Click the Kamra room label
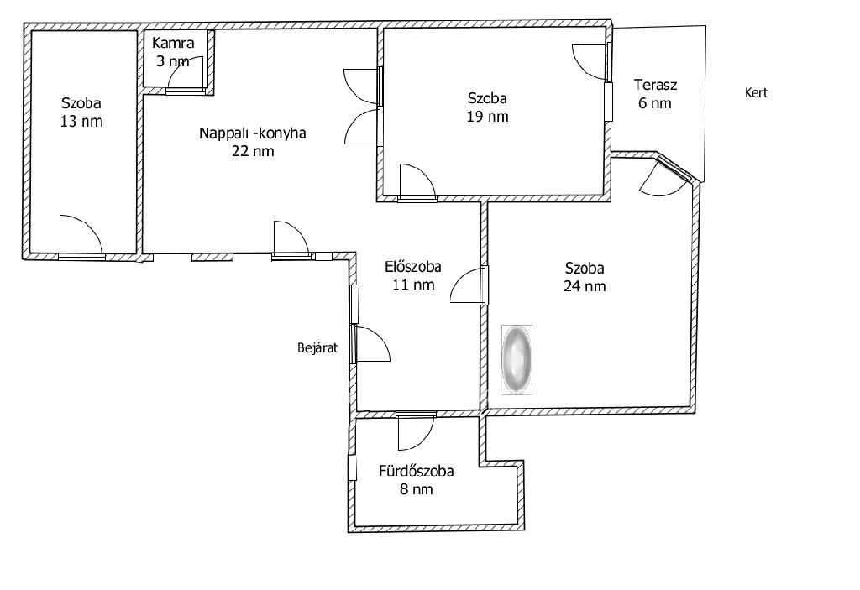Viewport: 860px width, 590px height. [x=173, y=43]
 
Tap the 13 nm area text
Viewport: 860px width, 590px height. [x=81, y=121]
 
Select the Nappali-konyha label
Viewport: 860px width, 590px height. [x=252, y=133]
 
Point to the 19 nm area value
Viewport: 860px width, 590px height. [x=488, y=117]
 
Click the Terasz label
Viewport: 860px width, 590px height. [x=655, y=85]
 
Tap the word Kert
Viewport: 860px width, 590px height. [x=756, y=92]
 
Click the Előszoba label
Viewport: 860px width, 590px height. [x=413, y=267]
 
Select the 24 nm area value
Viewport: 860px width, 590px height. [x=585, y=285]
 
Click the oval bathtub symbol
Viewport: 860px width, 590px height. [x=517, y=359]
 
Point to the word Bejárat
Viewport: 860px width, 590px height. [x=317, y=347]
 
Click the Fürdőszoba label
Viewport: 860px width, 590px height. [x=417, y=471]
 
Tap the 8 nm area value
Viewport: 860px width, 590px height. [x=417, y=489]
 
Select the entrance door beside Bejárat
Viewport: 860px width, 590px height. [x=372, y=344]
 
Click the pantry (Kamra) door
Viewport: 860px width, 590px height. [x=186, y=73]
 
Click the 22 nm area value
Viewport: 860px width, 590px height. [x=252, y=151]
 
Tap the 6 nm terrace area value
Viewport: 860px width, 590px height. [x=655, y=103]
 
